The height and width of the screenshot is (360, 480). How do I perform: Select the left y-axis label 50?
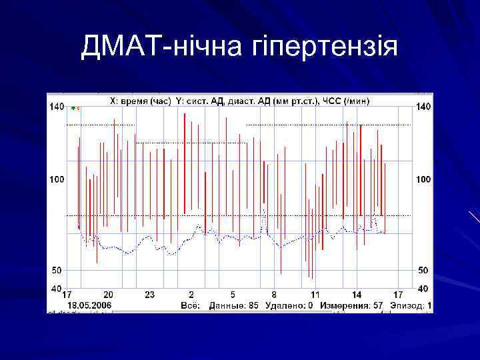coord(58,271)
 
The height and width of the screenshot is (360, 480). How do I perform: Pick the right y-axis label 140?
coord(423,107)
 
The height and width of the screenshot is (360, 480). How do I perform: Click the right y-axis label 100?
coord(423,179)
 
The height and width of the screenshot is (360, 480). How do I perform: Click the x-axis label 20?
coord(108,295)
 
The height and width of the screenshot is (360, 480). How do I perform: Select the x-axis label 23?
coord(149,295)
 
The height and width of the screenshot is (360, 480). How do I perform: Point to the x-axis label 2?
coord(191,295)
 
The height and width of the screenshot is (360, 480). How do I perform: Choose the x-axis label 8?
coord(274,295)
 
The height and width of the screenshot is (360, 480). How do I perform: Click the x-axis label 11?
coord(315,295)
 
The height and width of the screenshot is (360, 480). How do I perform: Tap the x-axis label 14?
coord(357,295)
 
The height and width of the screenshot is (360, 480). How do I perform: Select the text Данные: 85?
coord(234,305)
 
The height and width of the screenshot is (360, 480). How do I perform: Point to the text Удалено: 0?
coord(289,305)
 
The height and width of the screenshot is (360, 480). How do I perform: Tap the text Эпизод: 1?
coord(411,305)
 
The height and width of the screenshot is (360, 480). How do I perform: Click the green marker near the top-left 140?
coord(73,107)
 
